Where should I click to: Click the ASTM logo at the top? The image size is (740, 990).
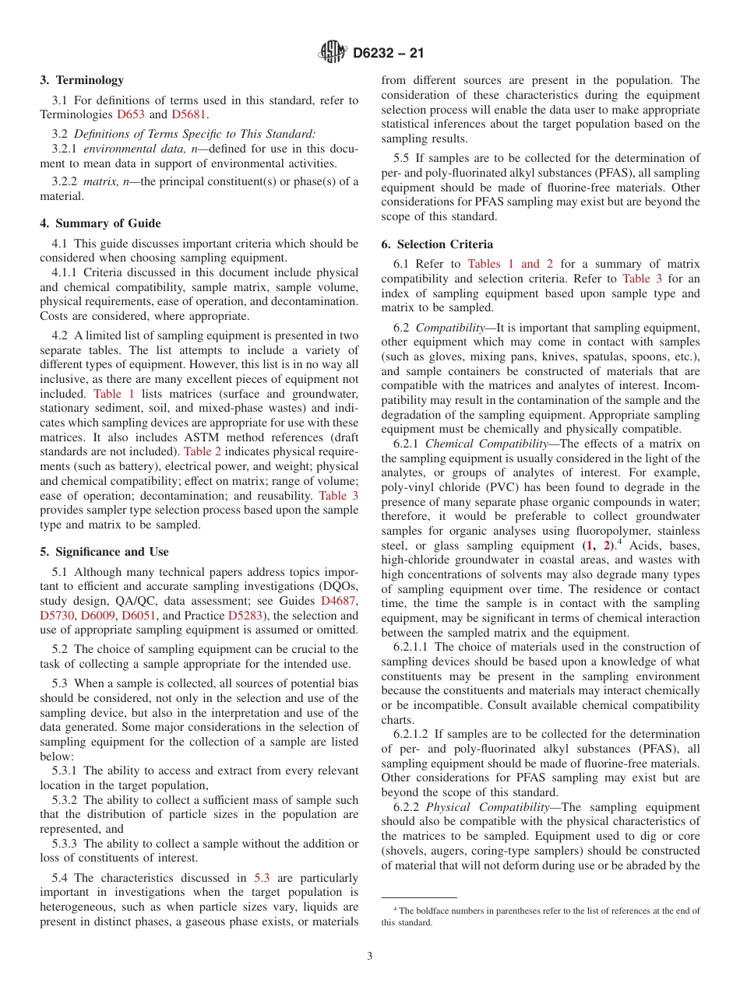[x=333, y=53]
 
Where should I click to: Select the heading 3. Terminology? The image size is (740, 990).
[x=82, y=79]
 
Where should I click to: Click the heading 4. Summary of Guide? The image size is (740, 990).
[x=100, y=223]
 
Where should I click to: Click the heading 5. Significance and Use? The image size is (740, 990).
[x=104, y=552]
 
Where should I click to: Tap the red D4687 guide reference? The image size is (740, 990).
[x=340, y=601]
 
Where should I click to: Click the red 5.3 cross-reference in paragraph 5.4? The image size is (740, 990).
[x=262, y=878]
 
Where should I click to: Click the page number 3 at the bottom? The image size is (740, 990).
[x=370, y=957]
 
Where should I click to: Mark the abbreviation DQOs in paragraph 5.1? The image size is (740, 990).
[x=338, y=586]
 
